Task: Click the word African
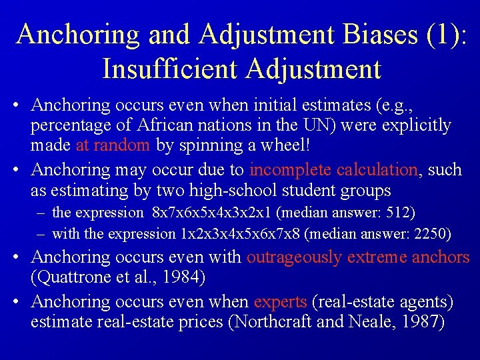(161, 125)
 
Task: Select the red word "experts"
(280, 301)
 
